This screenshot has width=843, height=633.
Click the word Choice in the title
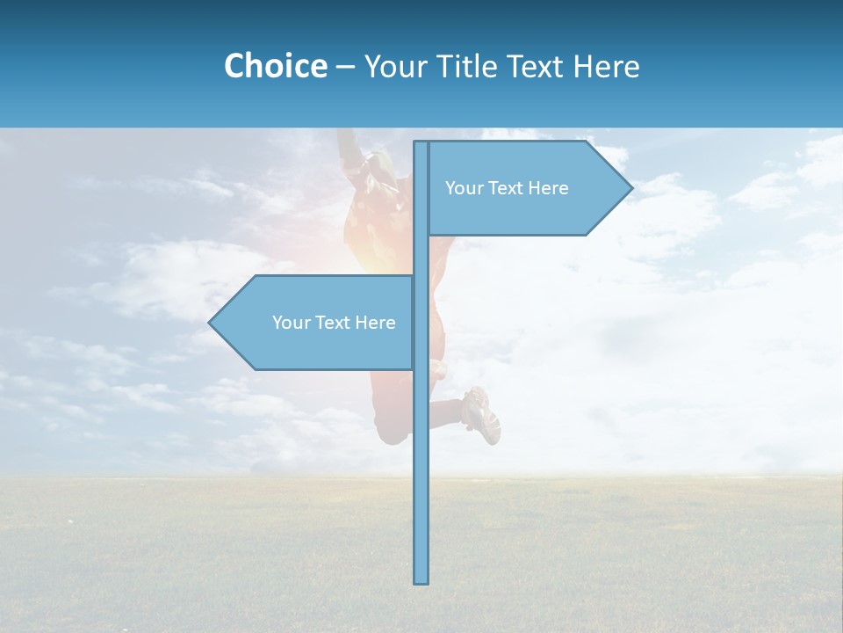pos(275,66)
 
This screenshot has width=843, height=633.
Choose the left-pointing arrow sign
pos(316,323)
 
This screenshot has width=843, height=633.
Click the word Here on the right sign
pos(549,188)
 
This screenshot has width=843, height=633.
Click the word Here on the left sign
pos(376,323)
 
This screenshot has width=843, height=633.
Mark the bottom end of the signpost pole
pos(421,580)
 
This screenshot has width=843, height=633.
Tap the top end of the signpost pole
pos(421,144)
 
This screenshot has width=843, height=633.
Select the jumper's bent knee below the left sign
pos(391,431)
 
